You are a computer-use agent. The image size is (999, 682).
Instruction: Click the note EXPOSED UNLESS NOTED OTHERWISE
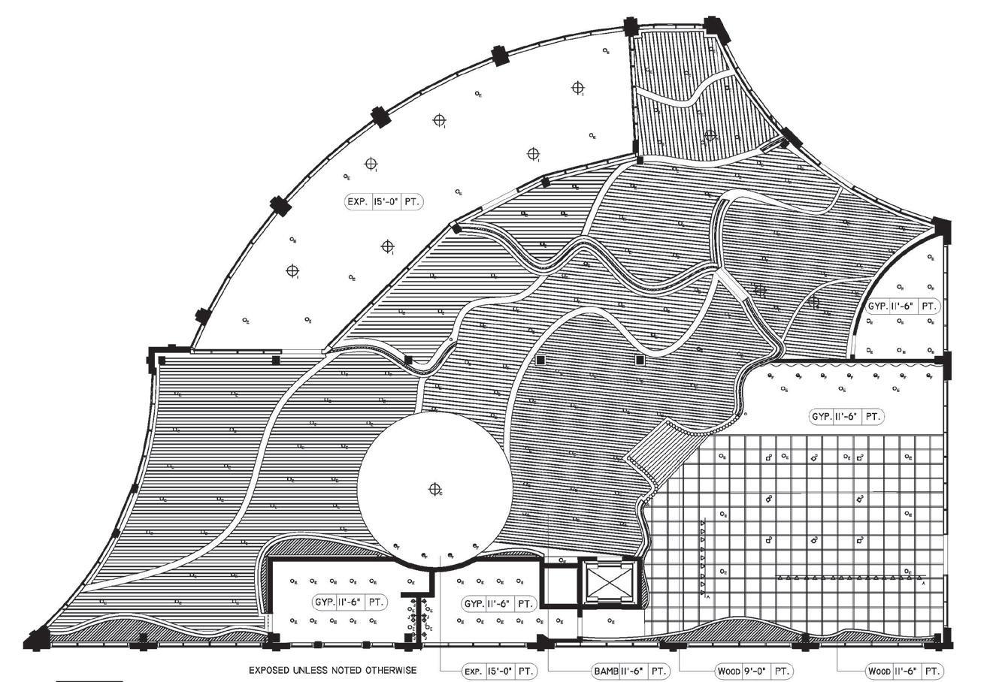pos(333,669)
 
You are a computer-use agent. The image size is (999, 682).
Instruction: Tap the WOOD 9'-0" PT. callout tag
pos(752,671)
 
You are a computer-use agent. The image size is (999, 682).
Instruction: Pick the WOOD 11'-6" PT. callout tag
pos(904,671)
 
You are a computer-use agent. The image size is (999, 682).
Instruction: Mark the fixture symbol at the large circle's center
pos(434,490)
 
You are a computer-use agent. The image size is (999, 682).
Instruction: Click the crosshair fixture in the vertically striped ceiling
pos(710,136)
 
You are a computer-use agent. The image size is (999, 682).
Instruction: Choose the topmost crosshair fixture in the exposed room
pos(577,88)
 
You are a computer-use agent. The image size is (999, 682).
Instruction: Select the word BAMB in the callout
pos(606,671)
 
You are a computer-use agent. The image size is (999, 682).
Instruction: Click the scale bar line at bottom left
pos(89,680)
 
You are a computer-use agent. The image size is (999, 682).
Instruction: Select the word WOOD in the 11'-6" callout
pos(879,671)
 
